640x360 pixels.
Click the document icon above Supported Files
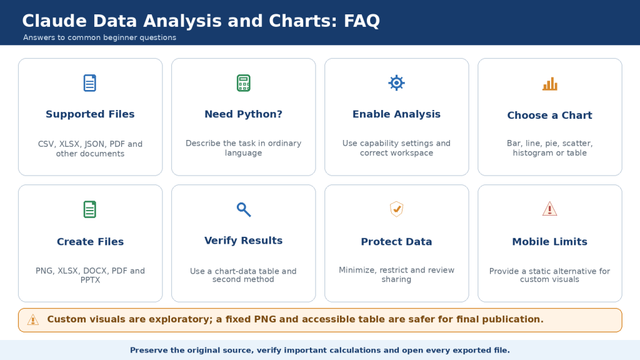pos(90,83)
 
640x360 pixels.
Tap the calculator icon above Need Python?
pos(243,83)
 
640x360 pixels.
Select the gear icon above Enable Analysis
pos(396,83)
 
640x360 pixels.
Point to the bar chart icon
pos(550,84)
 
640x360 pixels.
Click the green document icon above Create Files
pos(90,209)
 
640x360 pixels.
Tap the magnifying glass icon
pos(244,209)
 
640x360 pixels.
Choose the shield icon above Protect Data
pos(396,209)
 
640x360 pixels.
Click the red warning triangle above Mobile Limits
pos(550,209)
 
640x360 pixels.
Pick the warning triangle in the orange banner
pos(33,320)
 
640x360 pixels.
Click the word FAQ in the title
pos(362,21)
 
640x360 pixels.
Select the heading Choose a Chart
pos(549,115)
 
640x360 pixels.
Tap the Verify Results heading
pos(243,241)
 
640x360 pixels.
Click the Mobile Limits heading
pos(550,242)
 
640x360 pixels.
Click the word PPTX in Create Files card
pos(90,280)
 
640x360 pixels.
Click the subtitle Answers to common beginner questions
pos(99,37)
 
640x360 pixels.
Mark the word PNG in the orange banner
pos(265,319)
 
